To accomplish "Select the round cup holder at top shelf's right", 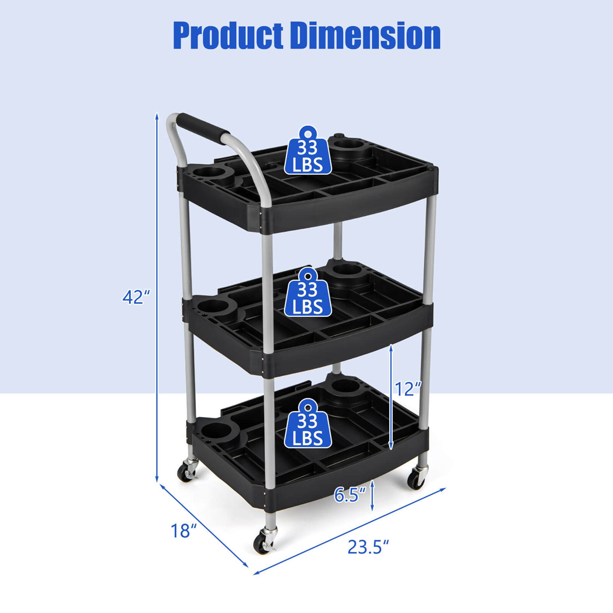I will (x=348, y=146).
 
